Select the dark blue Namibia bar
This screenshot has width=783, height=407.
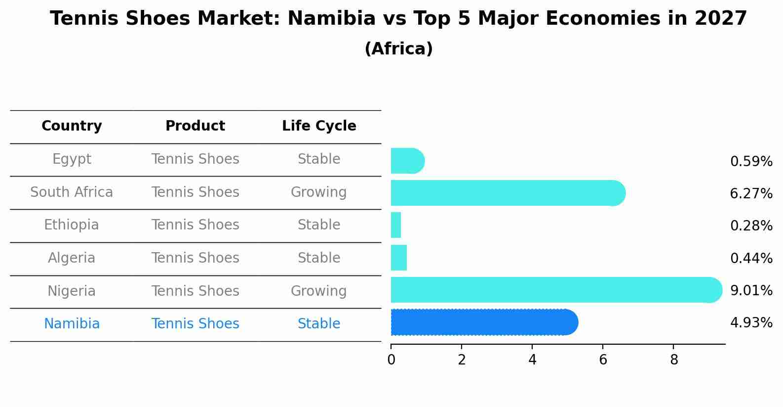click(484, 322)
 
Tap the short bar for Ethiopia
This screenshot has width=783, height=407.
click(396, 225)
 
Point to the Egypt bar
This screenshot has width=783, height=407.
click(407, 161)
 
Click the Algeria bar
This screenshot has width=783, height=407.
click(399, 258)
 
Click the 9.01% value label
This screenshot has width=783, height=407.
click(751, 290)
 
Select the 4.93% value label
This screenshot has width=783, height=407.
click(751, 323)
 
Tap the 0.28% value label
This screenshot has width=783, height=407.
click(751, 226)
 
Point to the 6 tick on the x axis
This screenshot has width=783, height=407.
click(603, 360)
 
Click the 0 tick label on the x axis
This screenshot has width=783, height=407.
click(391, 360)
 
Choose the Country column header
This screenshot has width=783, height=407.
click(72, 126)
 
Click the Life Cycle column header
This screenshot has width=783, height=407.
click(319, 126)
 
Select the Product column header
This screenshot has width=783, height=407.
click(195, 126)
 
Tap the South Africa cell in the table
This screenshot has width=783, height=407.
click(72, 192)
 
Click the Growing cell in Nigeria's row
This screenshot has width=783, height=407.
click(318, 291)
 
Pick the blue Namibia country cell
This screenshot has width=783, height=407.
click(72, 324)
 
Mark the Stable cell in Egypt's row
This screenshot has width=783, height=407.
click(318, 159)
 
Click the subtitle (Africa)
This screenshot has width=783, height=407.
click(398, 49)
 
